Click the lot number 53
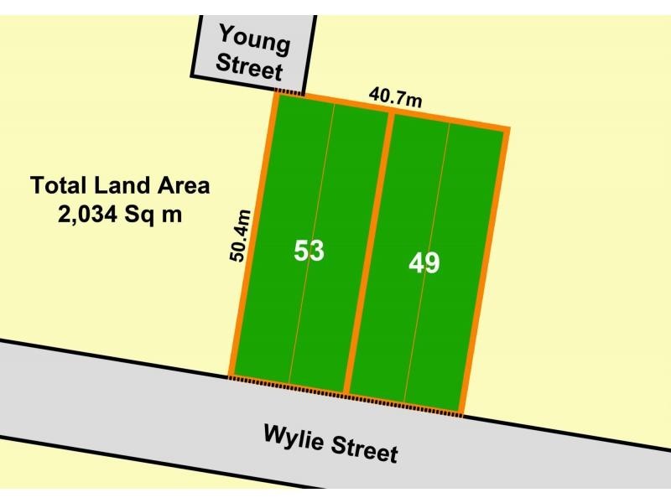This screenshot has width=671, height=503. pyautogui.click(x=309, y=250)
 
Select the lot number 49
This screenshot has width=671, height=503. pyautogui.click(x=424, y=262)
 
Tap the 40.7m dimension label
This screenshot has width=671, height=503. pyautogui.click(x=395, y=97)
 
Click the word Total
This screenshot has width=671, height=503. pyautogui.click(x=59, y=185)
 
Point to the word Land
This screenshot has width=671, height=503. pyautogui.click(x=123, y=185)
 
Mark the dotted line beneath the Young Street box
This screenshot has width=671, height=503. pyautogui.click(x=289, y=91)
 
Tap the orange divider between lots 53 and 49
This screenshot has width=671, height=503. pyautogui.click(x=369, y=251)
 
